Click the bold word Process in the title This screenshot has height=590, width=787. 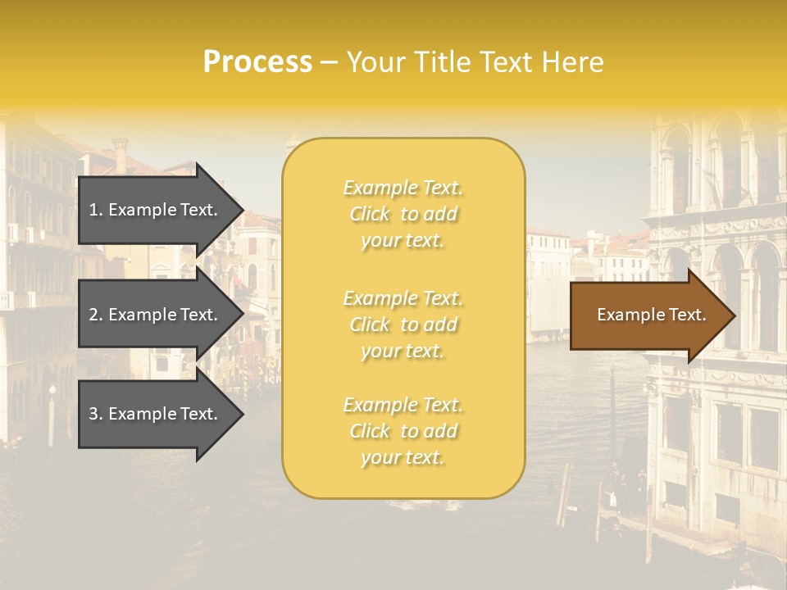point(257,62)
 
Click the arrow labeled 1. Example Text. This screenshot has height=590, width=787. point(156,210)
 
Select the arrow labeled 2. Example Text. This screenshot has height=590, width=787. point(156,315)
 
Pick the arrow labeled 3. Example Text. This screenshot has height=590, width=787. point(156,414)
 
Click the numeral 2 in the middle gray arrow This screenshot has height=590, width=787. point(93,315)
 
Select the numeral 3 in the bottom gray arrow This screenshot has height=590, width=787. point(93,414)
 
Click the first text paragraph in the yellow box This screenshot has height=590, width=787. point(403,214)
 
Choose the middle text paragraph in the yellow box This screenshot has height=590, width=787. point(403,324)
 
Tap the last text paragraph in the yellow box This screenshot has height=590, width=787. point(403,431)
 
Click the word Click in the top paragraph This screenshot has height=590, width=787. point(370,214)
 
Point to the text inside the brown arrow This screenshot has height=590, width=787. point(651,315)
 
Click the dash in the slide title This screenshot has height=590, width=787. point(329,62)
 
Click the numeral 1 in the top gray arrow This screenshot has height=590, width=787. point(93,210)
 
